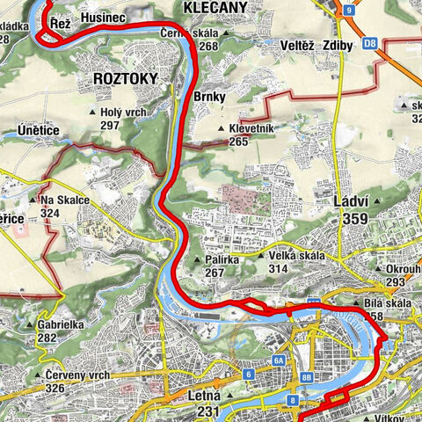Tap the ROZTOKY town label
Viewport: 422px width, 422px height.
tap(124, 78)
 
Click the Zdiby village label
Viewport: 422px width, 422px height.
tap(338, 44)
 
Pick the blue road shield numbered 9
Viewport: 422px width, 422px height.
tap(349, 10)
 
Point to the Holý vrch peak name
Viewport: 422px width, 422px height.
tap(122, 113)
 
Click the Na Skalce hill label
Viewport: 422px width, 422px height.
tap(64, 200)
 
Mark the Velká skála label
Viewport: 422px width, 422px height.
tap(295, 256)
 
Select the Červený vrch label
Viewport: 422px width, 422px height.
tap(76, 375)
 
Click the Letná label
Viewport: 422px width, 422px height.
tap(205, 397)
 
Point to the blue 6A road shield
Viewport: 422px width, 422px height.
tap(279, 360)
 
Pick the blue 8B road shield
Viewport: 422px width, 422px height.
tap(306, 377)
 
